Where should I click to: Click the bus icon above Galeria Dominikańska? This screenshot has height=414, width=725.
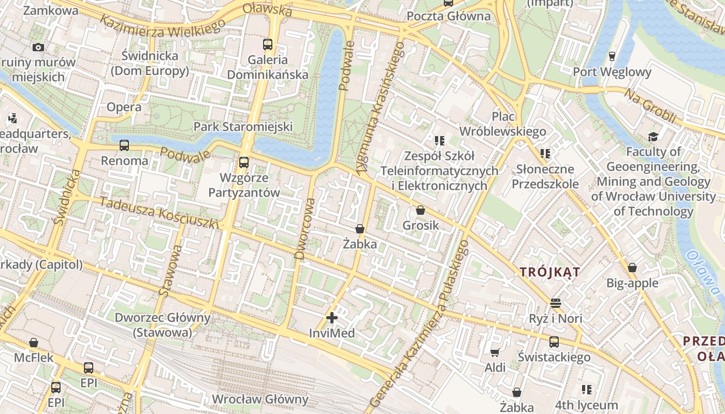tap(268, 45)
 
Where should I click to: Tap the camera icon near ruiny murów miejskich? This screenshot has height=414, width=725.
tap(38, 47)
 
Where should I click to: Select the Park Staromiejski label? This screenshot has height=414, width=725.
tap(243, 127)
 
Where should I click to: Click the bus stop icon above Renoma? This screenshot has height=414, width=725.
tap(124, 145)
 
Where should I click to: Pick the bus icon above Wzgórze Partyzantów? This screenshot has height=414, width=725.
tap(243, 162)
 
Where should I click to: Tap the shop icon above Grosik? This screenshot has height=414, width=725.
tap(421, 210)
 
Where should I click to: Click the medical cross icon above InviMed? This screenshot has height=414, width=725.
tap(332, 318)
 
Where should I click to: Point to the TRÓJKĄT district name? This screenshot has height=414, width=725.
tap(550, 272)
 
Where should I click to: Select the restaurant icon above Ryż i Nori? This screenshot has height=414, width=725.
tap(556, 303)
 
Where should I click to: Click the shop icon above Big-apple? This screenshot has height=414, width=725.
tap(632, 268)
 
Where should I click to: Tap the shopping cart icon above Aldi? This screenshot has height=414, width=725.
tap(495, 352)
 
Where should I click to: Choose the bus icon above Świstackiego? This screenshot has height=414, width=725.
tap(554, 342)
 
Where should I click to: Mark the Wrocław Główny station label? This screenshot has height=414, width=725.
tap(260, 400)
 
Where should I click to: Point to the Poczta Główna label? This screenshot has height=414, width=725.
tap(448, 16)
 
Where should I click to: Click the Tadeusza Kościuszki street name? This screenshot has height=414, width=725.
tap(160, 213)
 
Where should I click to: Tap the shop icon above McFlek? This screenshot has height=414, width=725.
tap(34, 343)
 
